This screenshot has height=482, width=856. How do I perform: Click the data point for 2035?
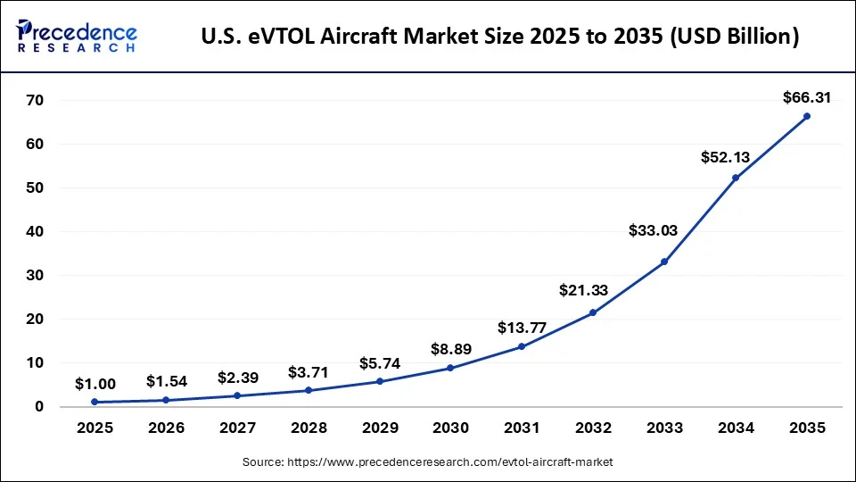tap(806, 116)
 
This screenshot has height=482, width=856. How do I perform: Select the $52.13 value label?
tap(726, 157)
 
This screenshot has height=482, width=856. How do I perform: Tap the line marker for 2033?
tap(664, 262)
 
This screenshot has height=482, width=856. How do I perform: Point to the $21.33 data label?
tap(583, 290)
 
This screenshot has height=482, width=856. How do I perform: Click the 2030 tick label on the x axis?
tap(450, 428)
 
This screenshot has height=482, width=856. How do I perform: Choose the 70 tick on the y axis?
tap(34, 101)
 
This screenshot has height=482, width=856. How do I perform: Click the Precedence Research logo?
tap(77, 36)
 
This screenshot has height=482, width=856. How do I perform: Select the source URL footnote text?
tap(428, 462)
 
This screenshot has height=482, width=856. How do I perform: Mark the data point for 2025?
tap(95, 402)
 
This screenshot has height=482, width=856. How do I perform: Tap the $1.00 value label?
tap(95, 384)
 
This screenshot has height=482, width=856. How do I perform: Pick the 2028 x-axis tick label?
tap(309, 428)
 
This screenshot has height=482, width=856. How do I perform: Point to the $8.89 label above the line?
tap(452, 349)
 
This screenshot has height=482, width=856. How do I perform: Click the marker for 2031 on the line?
tap(522, 346)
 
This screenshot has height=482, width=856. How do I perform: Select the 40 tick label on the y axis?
tap(34, 232)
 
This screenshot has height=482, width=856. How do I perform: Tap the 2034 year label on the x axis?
tap(735, 428)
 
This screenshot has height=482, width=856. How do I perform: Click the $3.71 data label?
tap(309, 371)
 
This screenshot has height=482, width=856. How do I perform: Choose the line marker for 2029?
tap(380, 381)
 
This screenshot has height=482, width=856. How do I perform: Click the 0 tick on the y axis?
tap(39, 407)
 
